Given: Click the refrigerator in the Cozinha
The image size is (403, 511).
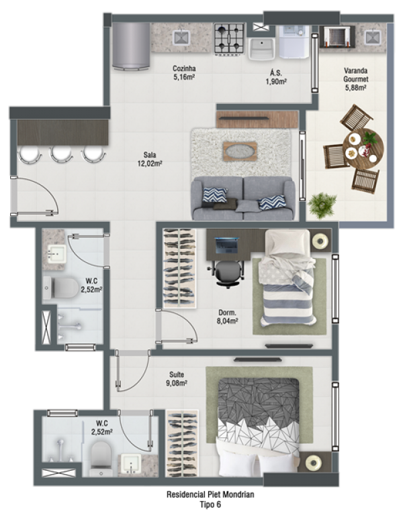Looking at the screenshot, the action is pos(131,46).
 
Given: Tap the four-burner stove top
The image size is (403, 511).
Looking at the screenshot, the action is pos(229,38).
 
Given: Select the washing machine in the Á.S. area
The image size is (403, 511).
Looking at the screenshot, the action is pos(294,42).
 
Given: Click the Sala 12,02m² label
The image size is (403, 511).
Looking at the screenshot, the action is pos(150,159).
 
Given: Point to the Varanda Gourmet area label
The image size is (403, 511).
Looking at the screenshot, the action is pos(356,79).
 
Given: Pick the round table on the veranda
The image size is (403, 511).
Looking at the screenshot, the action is pos(363,149).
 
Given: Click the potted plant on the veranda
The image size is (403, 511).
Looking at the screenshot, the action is pos(322,205).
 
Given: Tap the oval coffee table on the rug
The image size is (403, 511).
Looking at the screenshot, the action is pos(240,151).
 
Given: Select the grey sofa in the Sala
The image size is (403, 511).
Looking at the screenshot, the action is pos(243,198).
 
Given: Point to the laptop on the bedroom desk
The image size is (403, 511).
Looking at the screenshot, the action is pos(227,245).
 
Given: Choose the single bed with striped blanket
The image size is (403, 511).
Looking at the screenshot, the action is pos(287,278).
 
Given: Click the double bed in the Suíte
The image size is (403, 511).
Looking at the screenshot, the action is pos(258,427).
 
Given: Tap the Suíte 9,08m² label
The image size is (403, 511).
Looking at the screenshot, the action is pos(177,379).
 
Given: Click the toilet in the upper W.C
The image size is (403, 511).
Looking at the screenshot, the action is pos(61,288).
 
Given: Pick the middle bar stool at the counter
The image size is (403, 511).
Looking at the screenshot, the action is pos(60,154).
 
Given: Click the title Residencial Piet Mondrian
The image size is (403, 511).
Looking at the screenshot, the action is pos(210,494).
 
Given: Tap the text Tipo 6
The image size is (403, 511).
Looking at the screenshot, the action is pos(210,504).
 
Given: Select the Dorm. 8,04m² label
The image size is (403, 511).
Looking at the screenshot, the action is pos(228,317).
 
